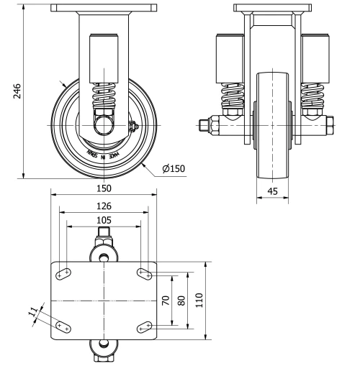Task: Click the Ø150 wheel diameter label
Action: pyautogui.click(x=174, y=168)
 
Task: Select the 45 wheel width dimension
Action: pyautogui.click(x=272, y=191)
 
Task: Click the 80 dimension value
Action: pyautogui.click(x=181, y=299)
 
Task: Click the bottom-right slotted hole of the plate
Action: pyautogui.click(x=145, y=327)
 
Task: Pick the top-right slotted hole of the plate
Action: pyautogui.click(x=145, y=273)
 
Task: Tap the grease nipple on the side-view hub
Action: pyautogui.click(x=132, y=127)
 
